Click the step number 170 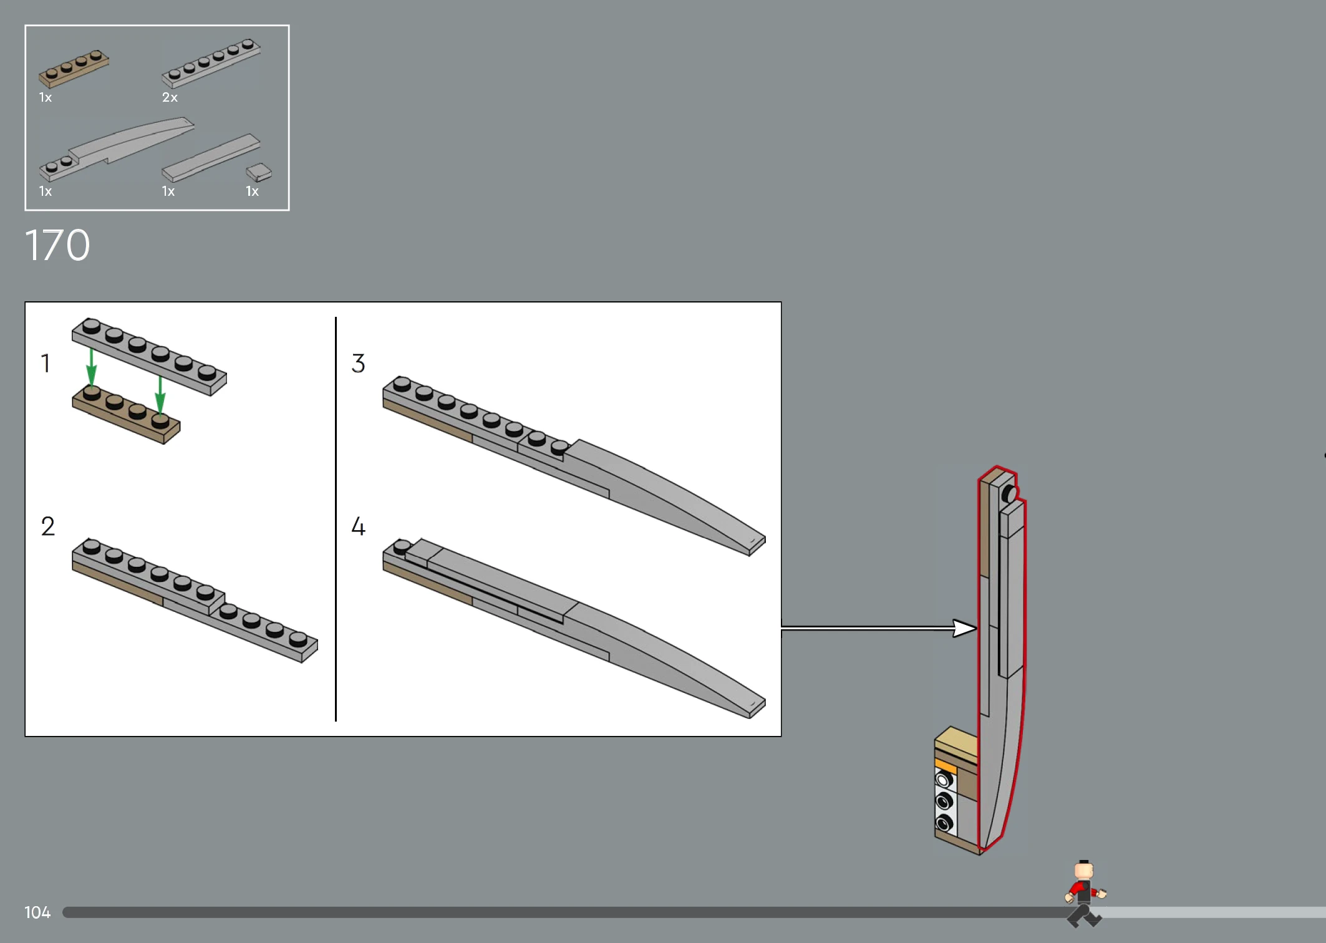pyautogui.click(x=57, y=245)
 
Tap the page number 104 pyautogui.click(x=37, y=912)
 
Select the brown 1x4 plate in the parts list pyautogui.click(x=74, y=69)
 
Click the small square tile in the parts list pyautogui.click(x=259, y=172)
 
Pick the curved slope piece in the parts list pyautogui.click(x=117, y=150)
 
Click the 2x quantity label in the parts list pyautogui.click(x=170, y=97)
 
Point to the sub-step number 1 pyautogui.click(x=46, y=363)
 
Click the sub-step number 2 pyautogui.click(x=48, y=526)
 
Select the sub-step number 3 pyautogui.click(x=358, y=363)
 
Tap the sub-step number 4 pyautogui.click(x=358, y=526)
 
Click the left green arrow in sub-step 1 pyautogui.click(x=92, y=368)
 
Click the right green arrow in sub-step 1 pyautogui.click(x=160, y=395)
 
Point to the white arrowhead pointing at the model pyautogui.click(x=965, y=628)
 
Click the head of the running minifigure pyautogui.click(x=1084, y=871)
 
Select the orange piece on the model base pyautogui.click(x=946, y=765)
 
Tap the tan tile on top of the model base pyautogui.click(x=956, y=741)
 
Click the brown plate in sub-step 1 pyautogui.click(x=126, y=415)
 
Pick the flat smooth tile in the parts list pyautogui.click(x=211, y=157)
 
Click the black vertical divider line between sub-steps pyautogui.click(x=336, y=519)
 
